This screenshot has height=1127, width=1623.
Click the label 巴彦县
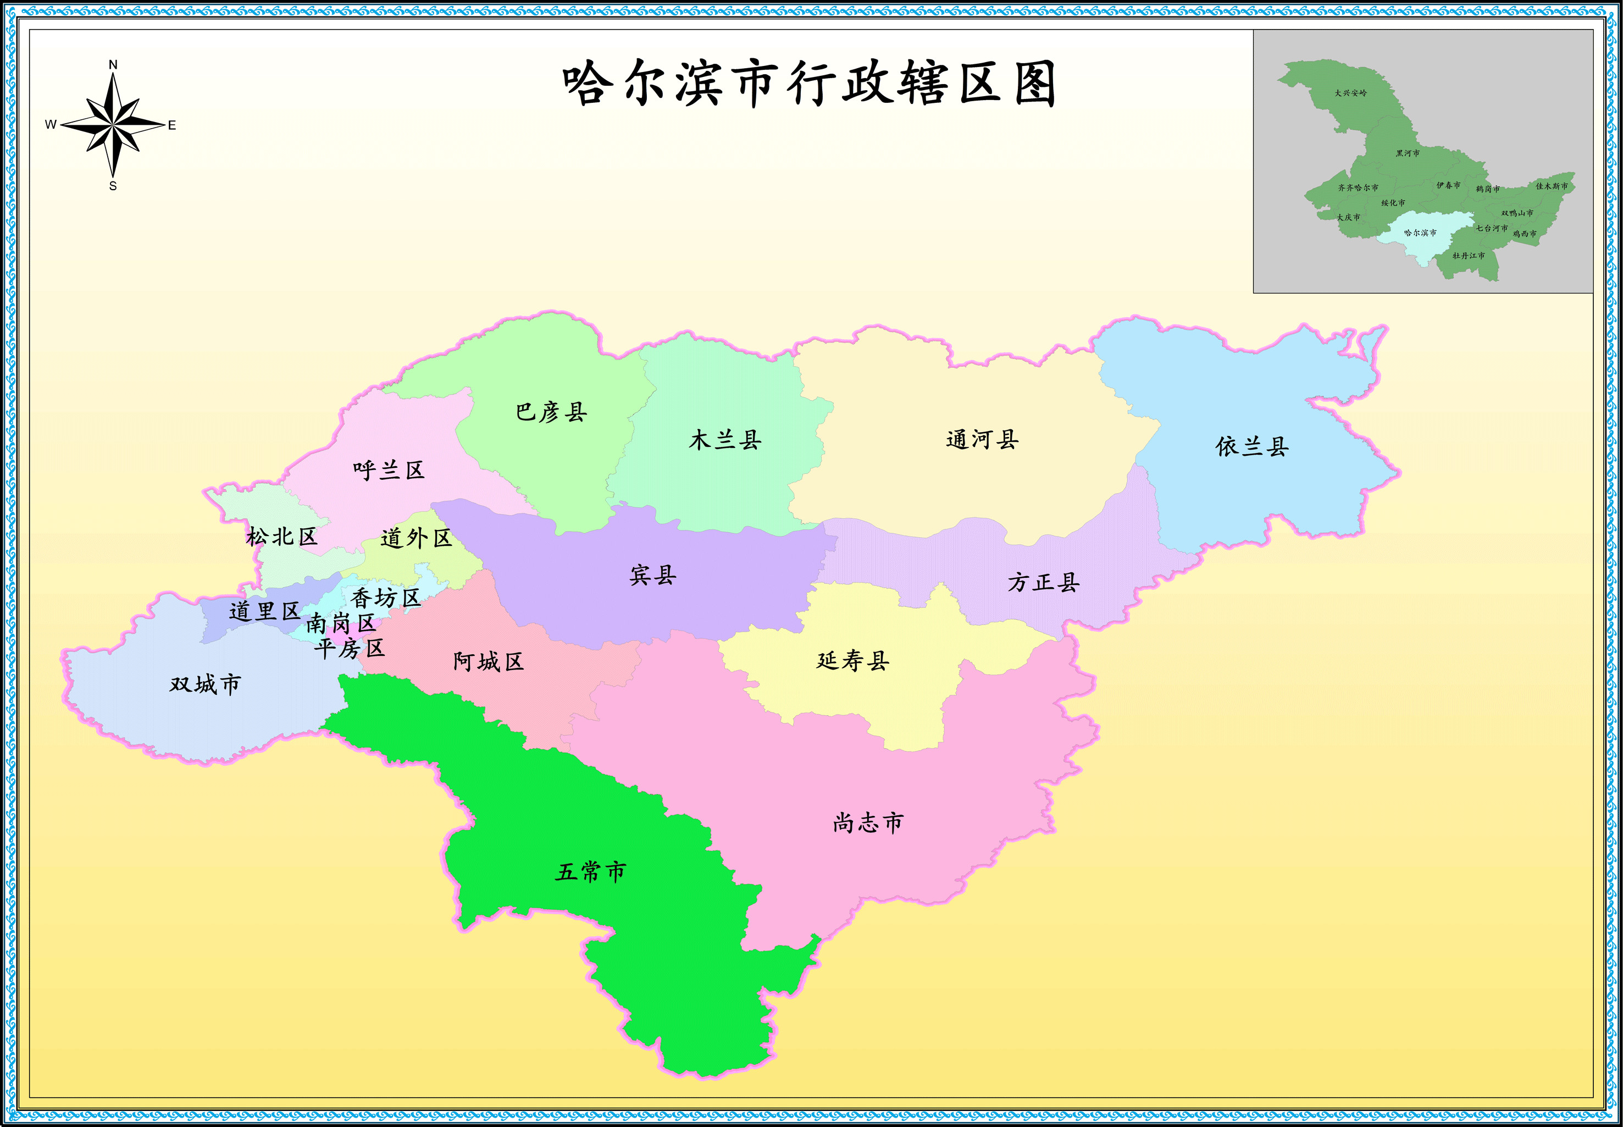coord(551,412)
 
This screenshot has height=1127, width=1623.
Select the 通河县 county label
coord(982,440)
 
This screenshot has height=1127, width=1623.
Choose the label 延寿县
coord(853,661)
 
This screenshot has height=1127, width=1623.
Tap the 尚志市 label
coord(868,822)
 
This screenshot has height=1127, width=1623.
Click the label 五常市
coord(590,872)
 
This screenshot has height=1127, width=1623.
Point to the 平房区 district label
coord(350,648)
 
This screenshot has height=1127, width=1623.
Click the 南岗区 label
coord(340,623)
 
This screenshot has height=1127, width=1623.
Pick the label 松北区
coord(282,537)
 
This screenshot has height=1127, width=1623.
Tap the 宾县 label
coord(653,576)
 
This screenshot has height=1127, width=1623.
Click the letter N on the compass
coord(113,65)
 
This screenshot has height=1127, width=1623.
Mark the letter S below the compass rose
coord(113,186)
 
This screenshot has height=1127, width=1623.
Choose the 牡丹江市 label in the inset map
coord(1469,256)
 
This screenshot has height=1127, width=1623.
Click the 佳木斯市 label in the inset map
coord(1552,186)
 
